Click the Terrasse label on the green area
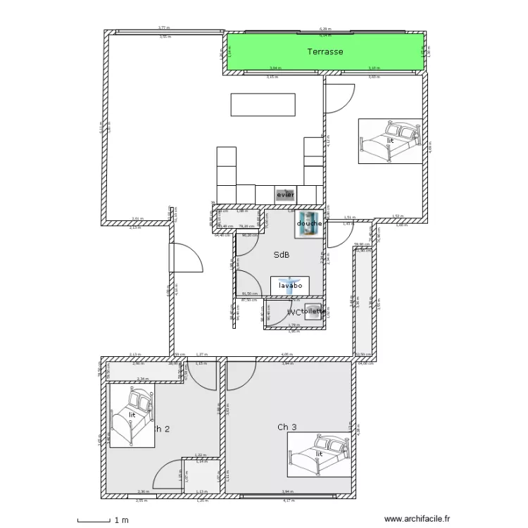coord(325,51)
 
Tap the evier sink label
coord(286,194)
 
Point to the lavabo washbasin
coord(290,286)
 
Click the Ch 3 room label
coord(287,427)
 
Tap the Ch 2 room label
coord(162,428)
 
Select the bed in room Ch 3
coord(319,454)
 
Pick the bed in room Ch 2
coord(132,415)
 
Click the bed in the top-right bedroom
coord(390,141)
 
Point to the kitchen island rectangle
coord(263,104)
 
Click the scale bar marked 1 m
coord(94,520)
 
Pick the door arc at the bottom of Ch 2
coord(168,475)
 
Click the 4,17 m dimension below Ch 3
coord(289,501)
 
